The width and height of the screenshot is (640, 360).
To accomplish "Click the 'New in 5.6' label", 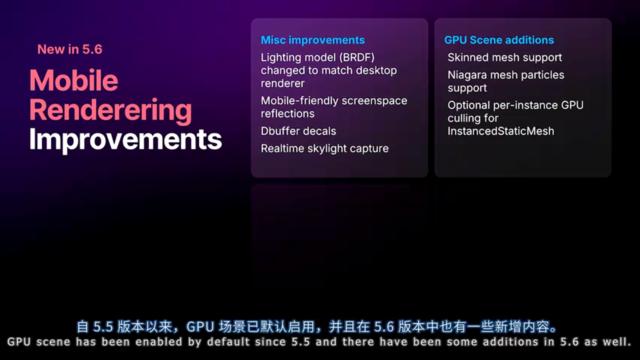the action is (69, 49).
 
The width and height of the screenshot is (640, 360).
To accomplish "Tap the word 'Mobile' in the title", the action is (74, 80).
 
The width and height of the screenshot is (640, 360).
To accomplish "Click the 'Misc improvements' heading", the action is (313, 40).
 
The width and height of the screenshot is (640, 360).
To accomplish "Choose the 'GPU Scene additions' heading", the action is (499, 40).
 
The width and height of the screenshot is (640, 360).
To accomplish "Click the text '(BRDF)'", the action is (357, 57).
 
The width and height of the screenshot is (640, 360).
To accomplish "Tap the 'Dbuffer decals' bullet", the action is (298, 131).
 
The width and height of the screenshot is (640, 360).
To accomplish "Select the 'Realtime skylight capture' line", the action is (325, 148).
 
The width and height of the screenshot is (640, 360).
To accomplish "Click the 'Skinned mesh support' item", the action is (505, 57).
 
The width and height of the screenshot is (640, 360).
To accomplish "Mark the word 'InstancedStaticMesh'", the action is (501, 131).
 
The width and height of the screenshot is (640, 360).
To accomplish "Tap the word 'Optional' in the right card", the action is (468, 105).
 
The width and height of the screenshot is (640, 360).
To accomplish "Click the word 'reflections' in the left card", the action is (287, 113).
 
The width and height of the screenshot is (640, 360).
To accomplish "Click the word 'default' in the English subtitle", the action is (228, 341).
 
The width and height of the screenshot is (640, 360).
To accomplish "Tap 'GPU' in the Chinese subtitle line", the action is (200, 327).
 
